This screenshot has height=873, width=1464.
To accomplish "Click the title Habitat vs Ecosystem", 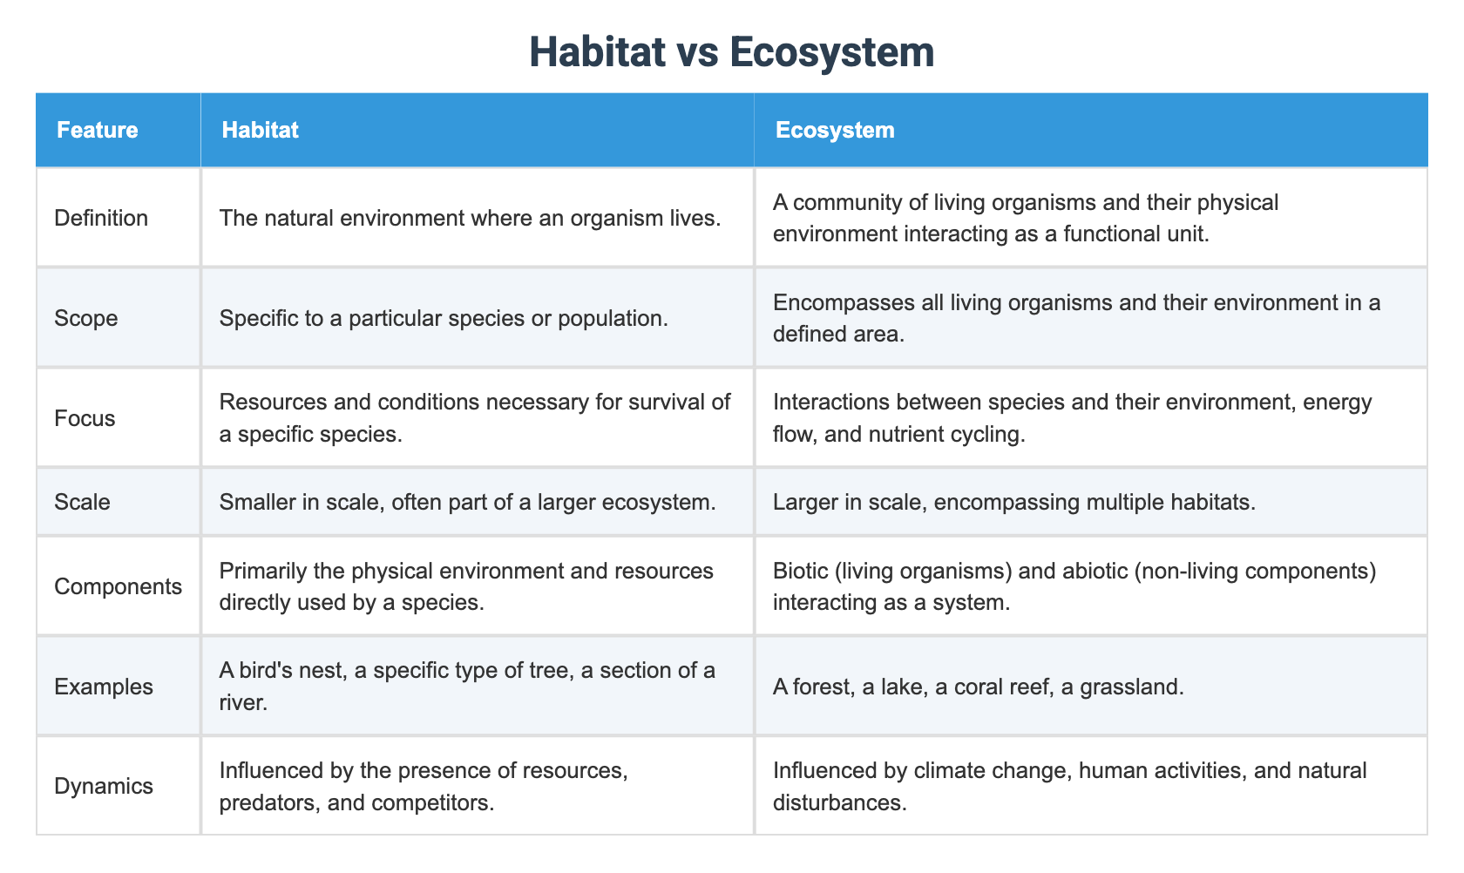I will (731, 52).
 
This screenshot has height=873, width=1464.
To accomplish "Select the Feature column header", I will (97, 130).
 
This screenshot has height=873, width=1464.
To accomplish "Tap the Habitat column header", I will (260, 130).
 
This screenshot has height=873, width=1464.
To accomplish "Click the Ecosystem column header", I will (834, 130).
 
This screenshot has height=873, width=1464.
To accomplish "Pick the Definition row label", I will (101, 218).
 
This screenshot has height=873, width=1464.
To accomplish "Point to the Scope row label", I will (85, 318).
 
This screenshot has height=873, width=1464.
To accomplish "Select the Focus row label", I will (85, 418).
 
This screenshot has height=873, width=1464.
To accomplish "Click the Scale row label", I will (82, 502).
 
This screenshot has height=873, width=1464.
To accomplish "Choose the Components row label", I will (118, 586).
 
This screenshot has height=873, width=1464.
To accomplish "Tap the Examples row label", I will (103, 687).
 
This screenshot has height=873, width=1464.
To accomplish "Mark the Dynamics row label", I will (103, 786).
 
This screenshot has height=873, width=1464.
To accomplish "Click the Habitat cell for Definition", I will (470, 218).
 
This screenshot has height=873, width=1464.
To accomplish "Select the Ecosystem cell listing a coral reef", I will (978, 687).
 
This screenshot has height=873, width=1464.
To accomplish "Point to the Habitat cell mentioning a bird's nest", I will (467, 686).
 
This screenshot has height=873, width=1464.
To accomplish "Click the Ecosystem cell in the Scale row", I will (1013, 502).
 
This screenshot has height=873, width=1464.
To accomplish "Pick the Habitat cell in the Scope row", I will (444, 318).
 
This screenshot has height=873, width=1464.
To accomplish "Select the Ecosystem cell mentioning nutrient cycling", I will (1072, 418).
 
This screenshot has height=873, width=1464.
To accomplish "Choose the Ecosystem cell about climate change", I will (1069, 786).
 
